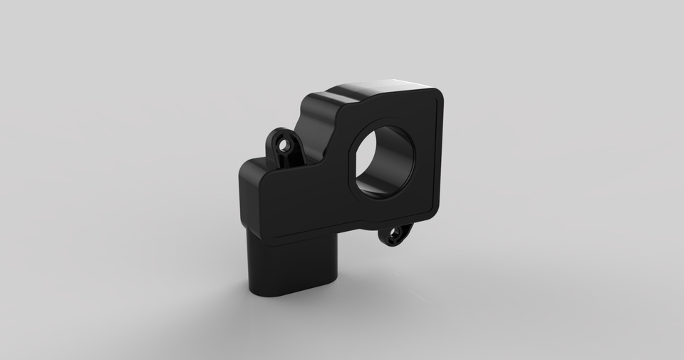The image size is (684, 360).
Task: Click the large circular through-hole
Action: (385, 160)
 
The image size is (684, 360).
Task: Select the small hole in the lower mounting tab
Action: (393, 236)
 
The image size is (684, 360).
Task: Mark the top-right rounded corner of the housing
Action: (436, 96)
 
